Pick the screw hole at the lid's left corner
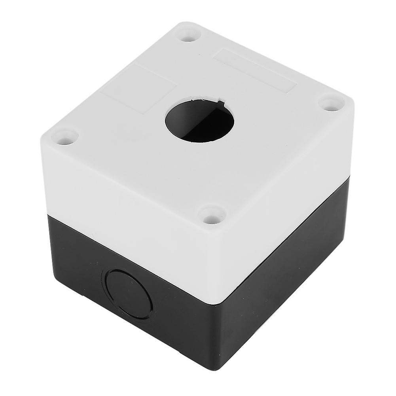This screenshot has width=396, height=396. pos(65,137)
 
